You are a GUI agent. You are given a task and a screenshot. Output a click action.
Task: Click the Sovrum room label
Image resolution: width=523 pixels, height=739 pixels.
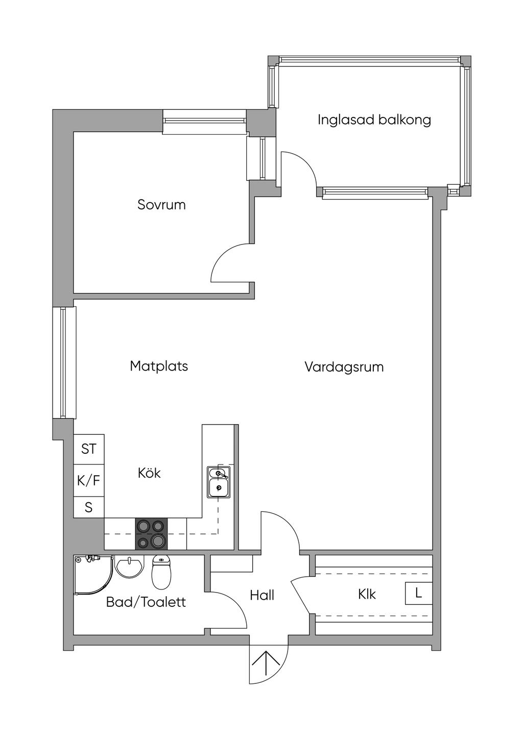(x=161, y=205)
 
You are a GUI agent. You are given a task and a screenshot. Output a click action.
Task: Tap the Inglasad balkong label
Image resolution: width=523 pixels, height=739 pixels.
(x=374, y=120)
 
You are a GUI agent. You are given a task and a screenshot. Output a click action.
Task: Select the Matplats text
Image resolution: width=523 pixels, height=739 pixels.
(x=159, y=366)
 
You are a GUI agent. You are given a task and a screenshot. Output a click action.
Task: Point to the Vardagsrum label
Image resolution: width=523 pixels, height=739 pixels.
(x=344, y=367)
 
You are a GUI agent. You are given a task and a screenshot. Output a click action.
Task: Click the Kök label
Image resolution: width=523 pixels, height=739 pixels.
(x=149, y=473)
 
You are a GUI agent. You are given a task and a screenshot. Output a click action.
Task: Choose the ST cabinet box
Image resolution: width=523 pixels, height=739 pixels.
(x=89, y=449)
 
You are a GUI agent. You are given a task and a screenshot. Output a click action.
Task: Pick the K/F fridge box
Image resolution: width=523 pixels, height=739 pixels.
(x=89, y=481)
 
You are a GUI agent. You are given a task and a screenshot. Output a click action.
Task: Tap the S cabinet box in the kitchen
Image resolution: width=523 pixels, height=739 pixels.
(x=89, y=507)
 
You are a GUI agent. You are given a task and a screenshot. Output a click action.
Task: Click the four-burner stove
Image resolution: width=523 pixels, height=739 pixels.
(x=151, y=534)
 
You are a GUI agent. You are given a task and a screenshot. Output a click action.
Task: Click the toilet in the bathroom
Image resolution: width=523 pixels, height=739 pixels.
(x=161, y=573)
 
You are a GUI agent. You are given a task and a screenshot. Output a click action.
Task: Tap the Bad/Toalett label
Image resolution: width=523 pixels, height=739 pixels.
(x=146, y=602)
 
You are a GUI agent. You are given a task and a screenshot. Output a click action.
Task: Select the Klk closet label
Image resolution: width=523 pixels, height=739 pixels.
(x=367, y=595)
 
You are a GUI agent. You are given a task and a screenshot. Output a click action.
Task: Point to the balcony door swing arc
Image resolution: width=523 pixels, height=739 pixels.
(x=310, y=163)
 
